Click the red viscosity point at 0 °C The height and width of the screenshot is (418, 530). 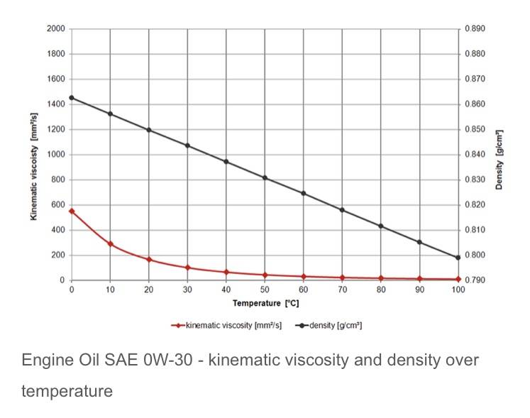coord(71,211)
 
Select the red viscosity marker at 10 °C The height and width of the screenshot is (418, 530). coord(110,244)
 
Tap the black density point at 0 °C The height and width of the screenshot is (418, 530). coord(71,98)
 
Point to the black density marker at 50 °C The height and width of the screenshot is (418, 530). coord(265,177)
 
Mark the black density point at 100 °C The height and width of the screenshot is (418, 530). coord(458,258)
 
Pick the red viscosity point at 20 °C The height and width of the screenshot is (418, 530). coord(149,260)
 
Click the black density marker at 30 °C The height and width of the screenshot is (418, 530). coord(187,145)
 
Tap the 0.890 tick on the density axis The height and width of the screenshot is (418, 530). coord(475,29)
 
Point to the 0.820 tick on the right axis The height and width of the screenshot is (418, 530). coord(475,205)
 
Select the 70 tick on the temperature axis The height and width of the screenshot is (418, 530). coord(342,290)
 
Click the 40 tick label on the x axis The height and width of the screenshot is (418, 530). coord(226,290)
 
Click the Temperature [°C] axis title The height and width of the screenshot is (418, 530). coord(264,303)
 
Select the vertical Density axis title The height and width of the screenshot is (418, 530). coord(499,160)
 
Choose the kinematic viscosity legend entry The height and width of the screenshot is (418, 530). coord(227,326)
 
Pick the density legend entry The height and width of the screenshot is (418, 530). coord(331,326)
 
